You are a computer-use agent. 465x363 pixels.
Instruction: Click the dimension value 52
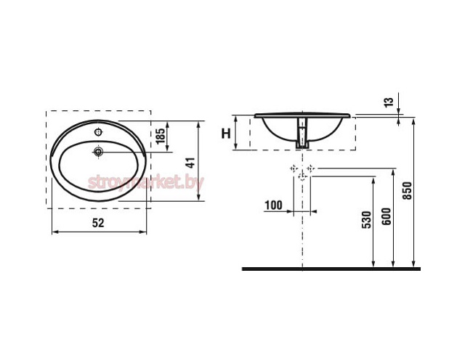98,223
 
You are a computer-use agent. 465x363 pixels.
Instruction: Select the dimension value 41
191,163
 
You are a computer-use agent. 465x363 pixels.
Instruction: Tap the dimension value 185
160,136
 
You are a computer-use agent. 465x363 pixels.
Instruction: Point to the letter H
226,134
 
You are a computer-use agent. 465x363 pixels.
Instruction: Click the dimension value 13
389,102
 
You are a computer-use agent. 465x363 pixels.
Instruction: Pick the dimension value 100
273,205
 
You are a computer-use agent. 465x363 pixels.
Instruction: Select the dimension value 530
367,219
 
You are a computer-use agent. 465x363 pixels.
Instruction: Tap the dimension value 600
386,216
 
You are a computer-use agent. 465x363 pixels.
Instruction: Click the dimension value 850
408,190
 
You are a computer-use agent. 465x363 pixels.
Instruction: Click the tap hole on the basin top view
98,132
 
